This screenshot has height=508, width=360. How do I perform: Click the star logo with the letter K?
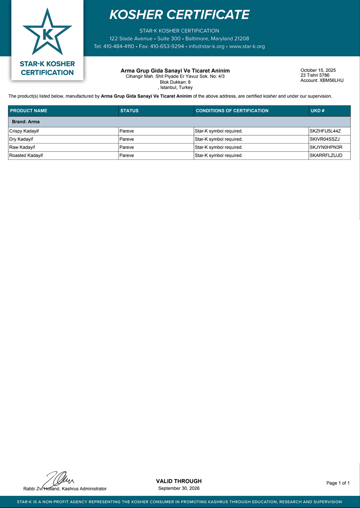coord(47,33)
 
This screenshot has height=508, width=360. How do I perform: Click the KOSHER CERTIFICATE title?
coord(179,15)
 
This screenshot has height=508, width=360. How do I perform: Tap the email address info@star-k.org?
coord(207,46)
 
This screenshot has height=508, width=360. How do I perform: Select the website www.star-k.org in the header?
coord(247,46)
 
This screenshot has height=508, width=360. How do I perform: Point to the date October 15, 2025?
coord(318,70)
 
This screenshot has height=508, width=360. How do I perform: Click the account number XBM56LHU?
coord(331,80)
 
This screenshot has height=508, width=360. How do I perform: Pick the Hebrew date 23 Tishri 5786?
coord(315,75)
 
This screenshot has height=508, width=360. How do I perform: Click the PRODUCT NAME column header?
coord(29,111)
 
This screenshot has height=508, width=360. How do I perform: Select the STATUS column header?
coord(129,111)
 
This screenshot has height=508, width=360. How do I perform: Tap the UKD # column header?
coord(318,111)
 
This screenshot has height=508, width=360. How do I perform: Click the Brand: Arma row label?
coord(26,122)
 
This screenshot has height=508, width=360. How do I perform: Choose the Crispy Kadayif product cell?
coord(24,131)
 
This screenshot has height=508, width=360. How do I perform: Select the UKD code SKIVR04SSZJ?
coord(325,139)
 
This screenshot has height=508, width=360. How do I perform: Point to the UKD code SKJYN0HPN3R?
coord(326,147)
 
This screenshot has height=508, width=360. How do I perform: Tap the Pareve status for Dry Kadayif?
coord(127,139)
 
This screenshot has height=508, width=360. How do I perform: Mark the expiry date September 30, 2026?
coord(179,488)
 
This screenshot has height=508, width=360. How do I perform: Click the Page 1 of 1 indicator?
coord(338,483)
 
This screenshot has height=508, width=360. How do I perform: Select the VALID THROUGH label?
coord(179,481)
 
